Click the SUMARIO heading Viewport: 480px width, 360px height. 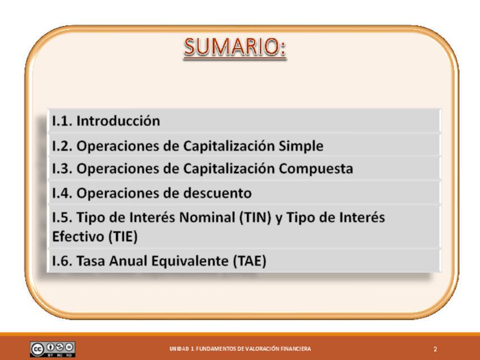click(x=235, y=47)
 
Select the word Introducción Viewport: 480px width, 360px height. click(x=118, y=121)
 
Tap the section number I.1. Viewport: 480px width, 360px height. click(x=62, y=121)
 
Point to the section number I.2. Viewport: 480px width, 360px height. click(x=62, y=146)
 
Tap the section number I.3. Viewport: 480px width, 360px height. click(x=62, y=169)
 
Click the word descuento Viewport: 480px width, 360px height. click(x=217, y=193)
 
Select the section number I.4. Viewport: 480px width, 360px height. click(x=62, y=194)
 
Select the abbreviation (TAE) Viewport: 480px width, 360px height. click(x=250, y=261)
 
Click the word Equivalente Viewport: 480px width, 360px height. click(x=190, y=261)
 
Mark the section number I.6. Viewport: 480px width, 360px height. click(x=62, y=261)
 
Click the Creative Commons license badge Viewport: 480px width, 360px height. click(x=53, y=349)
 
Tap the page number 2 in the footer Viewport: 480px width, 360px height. click(x=435, y=349)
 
